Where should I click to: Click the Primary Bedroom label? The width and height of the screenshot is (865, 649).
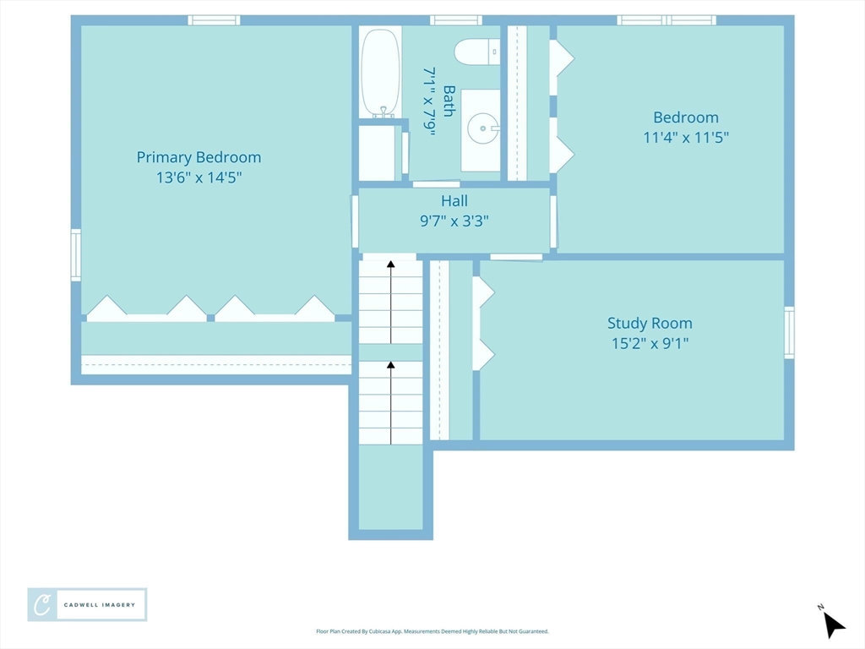pos(199,157)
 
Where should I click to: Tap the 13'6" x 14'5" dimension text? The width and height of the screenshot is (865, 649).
pos(199,177)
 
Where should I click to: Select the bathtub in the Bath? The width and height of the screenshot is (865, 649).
pos(380,73)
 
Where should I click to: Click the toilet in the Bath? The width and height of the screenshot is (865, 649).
pos(477,52)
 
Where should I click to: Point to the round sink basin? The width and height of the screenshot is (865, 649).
pos(482,128)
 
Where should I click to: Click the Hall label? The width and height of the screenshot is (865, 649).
pos(454,201)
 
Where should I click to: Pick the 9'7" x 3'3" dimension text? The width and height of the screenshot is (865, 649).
pos(454,221)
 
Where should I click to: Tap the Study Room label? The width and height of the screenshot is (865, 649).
pos(650,323)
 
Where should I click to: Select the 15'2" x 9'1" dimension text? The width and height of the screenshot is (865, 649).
pos(650,343)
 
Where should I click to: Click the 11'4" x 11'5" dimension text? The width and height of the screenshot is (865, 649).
pos(686,137)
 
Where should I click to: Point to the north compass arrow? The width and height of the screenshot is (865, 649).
pos(833,624)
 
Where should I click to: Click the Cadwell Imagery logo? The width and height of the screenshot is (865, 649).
pos(87,605)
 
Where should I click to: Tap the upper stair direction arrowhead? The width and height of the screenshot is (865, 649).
pos(390,264)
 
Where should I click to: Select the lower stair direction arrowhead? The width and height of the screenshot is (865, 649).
pos(390,365)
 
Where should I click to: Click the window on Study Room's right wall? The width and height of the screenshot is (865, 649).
pos(790,333)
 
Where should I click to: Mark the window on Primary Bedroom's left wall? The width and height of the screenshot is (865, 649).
pos(76,255)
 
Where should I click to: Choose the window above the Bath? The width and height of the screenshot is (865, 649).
pos(455,20)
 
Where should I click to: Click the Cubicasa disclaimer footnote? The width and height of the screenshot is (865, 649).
pos(432,631)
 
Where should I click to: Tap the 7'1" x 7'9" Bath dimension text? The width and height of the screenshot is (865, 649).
pos(430,101)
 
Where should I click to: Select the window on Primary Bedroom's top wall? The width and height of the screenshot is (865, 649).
pos(214,20)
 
